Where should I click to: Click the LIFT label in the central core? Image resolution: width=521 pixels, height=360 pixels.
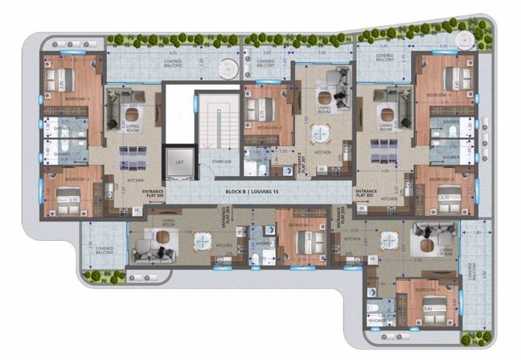coord(179,161)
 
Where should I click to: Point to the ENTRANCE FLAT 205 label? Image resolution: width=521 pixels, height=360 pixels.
coord(152,194)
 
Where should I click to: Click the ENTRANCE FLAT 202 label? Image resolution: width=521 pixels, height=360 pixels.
coord(367,194)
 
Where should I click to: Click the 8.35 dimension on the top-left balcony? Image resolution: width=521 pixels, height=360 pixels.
coord(172,54)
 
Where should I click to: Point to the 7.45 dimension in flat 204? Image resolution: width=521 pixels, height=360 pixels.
coord(189,231)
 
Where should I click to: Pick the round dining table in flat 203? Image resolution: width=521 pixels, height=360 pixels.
coord(388,240)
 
